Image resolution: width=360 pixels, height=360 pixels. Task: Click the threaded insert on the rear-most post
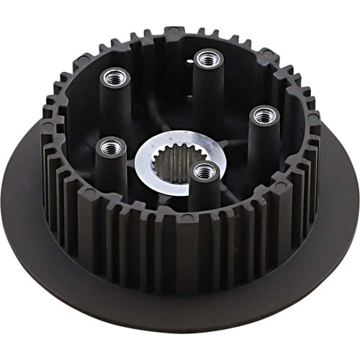point(208,58)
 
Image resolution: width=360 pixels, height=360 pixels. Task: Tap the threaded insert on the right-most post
point(264,114)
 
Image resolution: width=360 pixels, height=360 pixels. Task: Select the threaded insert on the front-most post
point(204,171)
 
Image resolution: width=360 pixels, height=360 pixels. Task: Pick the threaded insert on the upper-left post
point(114,76)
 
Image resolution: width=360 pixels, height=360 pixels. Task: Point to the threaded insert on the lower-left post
point(110,148)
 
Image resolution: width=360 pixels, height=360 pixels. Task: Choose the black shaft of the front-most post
point(204,198)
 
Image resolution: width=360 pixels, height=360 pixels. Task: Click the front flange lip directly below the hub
point(180,317)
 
